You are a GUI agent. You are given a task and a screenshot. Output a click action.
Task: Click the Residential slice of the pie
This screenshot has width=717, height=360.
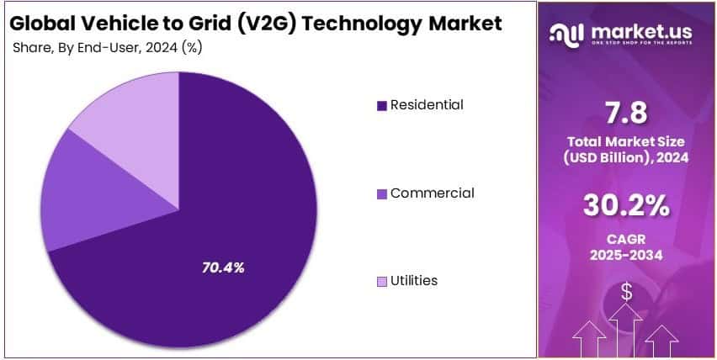(x=219, y=252)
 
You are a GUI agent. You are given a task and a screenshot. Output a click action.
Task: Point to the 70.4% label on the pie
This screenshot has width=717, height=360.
(x=223, y=267)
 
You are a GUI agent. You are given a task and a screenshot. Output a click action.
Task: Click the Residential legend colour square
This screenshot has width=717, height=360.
(x=382, y=106)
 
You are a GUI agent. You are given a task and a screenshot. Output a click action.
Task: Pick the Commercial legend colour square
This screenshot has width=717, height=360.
(x=382, y=194)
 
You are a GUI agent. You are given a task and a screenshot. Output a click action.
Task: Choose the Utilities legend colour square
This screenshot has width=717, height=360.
(x=382, y=282)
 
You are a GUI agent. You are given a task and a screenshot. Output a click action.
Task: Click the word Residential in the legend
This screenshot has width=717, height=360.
(x=426, y=105)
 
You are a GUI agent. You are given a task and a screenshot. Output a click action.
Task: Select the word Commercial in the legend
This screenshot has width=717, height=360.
(x=432, y=193)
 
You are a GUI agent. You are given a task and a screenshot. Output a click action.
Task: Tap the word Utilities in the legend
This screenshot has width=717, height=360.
(x=413, y=281)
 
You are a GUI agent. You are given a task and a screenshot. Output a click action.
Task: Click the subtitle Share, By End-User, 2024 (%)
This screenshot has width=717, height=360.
(x=107, y=47)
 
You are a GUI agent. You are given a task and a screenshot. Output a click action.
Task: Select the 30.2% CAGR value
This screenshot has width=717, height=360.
(x=627, y=204)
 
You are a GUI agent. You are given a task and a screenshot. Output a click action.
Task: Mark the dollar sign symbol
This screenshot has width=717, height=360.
(x=627, y=292)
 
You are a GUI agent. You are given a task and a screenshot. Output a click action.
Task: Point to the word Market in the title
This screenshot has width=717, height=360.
(x=460, y=24)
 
